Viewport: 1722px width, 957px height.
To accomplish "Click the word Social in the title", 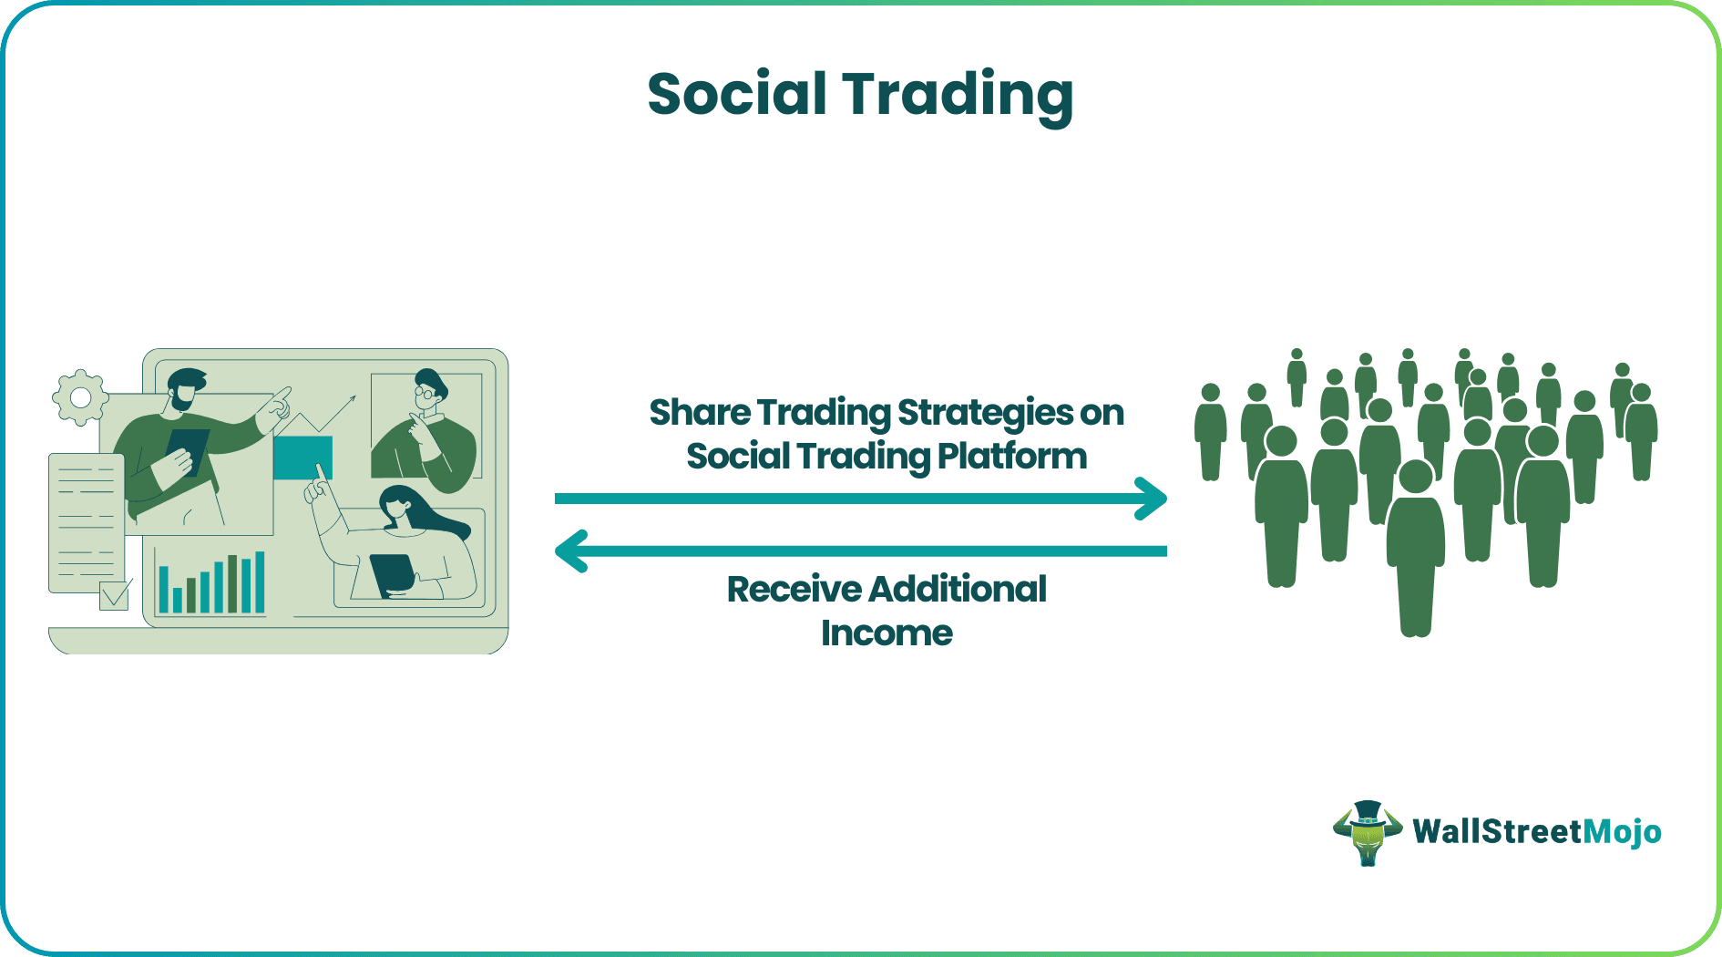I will point(736,94).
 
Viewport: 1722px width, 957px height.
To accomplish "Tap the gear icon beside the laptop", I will point(80,397).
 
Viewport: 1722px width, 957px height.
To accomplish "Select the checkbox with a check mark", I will point(115,596).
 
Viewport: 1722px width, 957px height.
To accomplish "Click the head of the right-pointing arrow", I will point(1153,499).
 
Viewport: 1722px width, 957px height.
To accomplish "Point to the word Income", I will point(887,633).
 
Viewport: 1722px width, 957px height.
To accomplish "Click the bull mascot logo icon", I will point(1367,832).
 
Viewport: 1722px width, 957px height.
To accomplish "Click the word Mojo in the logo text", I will point(1622,831).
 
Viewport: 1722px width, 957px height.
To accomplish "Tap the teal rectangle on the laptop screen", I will point(302,458).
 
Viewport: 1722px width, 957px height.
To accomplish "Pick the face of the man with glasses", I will point(426,393).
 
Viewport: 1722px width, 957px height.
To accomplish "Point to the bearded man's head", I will point(186,389).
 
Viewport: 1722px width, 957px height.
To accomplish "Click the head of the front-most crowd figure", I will point(1415,477).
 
